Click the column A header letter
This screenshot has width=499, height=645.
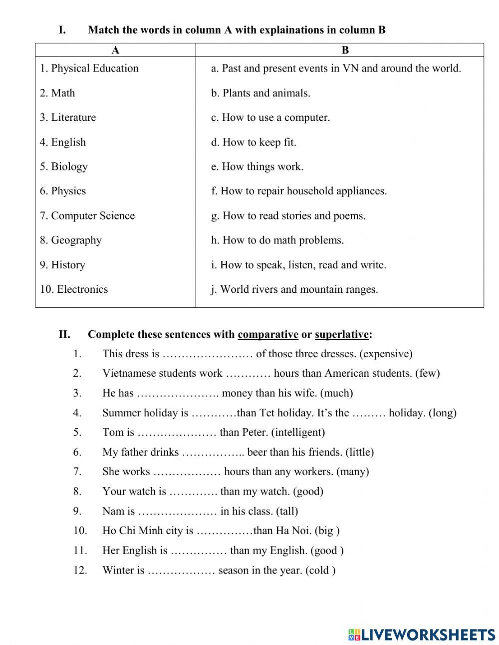(x=115, y=50)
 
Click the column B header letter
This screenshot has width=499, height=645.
(x=345, y=50)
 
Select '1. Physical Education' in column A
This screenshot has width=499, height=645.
(x=89, y=68)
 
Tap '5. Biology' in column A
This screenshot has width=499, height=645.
(x=64, y=166)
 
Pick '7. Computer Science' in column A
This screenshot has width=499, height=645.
(x=87, y=216)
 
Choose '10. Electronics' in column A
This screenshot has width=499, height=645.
(x=74, y=289)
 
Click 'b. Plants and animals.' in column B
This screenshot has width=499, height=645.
(x=260, y=93)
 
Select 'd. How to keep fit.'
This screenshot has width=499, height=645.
(x=253, y=142)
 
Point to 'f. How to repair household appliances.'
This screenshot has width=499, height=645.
(x=298, y=191)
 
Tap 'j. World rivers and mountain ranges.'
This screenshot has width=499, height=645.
(x=294, y=289)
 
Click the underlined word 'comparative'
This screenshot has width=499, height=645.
(x=268, y=334)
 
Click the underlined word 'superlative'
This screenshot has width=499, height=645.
(x=342, y=334)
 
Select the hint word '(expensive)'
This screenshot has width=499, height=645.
(x=386, y=354)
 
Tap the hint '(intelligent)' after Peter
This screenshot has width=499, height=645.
(x=298, y=432)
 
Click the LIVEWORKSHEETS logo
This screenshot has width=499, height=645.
(x=421, y=634)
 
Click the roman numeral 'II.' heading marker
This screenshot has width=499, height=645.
(x=64, y=334)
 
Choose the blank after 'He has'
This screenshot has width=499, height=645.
(x=178, y=393)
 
